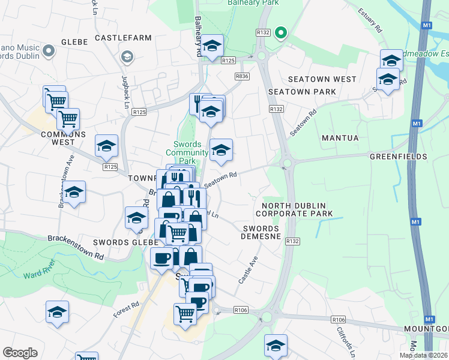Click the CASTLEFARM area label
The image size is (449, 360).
tap(123, 38)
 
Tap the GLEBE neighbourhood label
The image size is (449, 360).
tap(74, 42)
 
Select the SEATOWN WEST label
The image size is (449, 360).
tap(322, 79)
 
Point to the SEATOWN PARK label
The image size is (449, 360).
tap(303, 92)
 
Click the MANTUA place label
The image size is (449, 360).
tap(340, 138)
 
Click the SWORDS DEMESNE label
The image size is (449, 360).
tap(261, 233)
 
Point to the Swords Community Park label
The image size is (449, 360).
tap(187, 152)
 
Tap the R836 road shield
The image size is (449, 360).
tap(242, 76)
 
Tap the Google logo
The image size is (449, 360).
tap(20, 353)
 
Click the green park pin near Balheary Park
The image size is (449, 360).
tap(280, 34)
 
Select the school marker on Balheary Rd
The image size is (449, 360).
tap(212, 46)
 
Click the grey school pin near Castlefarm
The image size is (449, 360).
tap(127, 57)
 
